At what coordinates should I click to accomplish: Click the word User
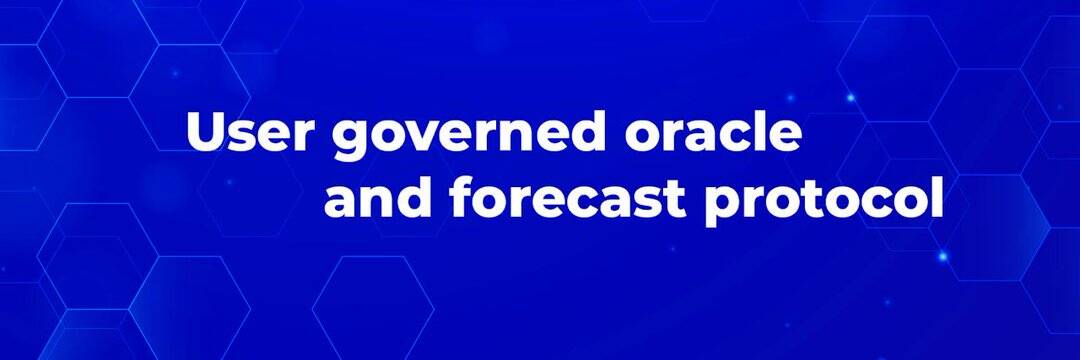pyautogui.click(x=250, y=131)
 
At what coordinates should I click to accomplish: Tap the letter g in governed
pyautogui.click(x=352, y=141)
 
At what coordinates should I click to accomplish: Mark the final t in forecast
pyautogui.click(x=674, y=200)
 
